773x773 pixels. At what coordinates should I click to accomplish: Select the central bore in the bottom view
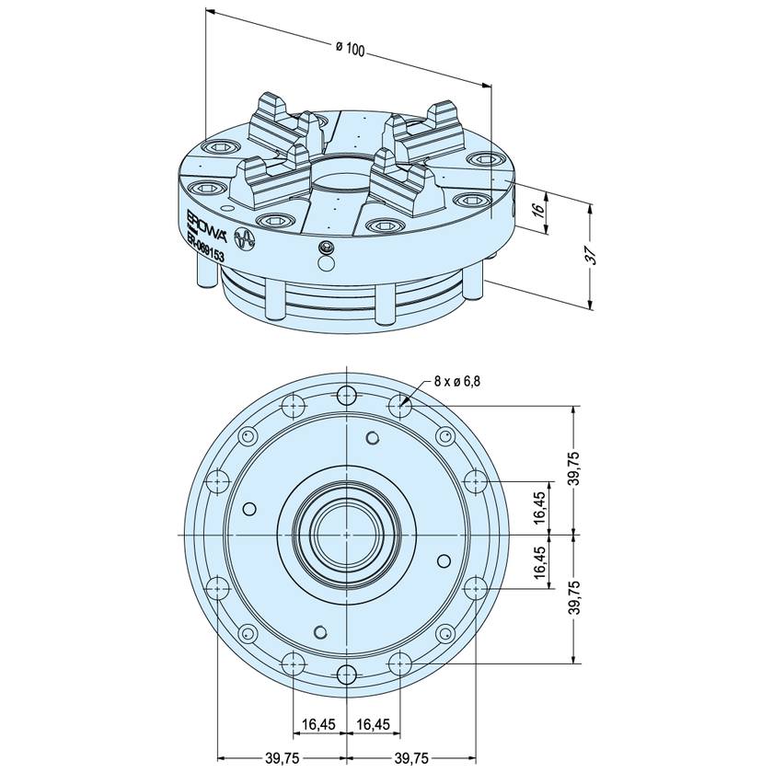point(345,535)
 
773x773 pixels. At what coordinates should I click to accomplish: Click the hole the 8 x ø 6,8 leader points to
point(398,404)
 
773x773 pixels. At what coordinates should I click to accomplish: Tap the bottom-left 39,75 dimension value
point(281,758)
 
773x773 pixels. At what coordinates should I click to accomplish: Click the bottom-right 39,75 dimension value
point(411,758)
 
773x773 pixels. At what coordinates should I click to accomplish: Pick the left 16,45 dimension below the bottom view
point(318,724)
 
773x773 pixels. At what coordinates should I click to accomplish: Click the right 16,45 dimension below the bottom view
point(372,724)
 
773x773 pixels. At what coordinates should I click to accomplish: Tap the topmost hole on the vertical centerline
point(346,397)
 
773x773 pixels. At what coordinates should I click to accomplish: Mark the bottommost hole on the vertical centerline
point(346,673)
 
